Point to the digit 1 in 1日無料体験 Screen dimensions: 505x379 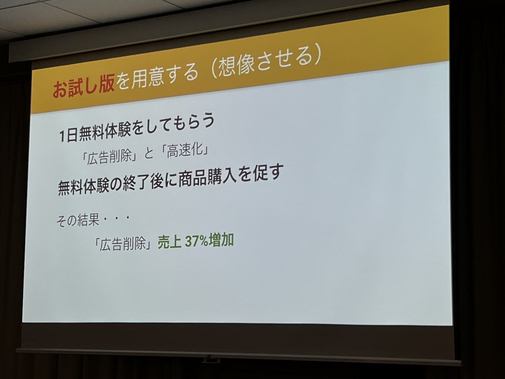point(62,137)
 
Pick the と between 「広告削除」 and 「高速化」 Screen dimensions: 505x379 point(149,154)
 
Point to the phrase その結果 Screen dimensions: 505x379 point(78,220)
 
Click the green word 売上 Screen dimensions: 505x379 point(170,243)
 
